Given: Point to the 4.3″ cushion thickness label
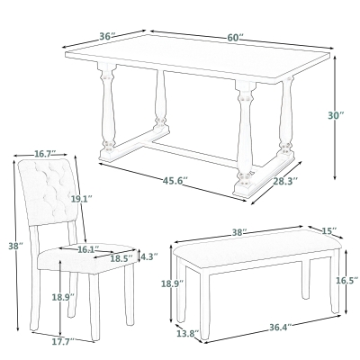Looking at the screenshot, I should click(150, 256).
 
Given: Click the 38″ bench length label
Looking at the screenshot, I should click(238, 231).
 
